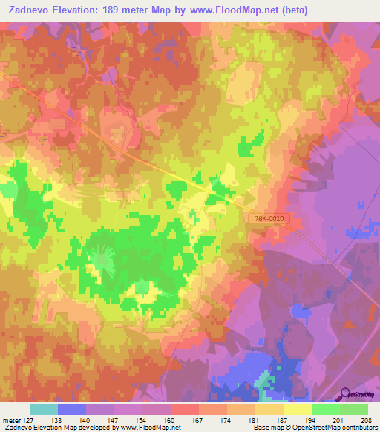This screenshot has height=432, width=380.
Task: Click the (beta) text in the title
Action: click(x=273, y=10)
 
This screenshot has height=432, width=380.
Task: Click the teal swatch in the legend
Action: click(x=44, y=409)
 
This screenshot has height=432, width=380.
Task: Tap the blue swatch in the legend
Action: click(x=72, y=409)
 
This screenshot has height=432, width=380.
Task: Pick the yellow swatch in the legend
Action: click(x=297, y=409)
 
